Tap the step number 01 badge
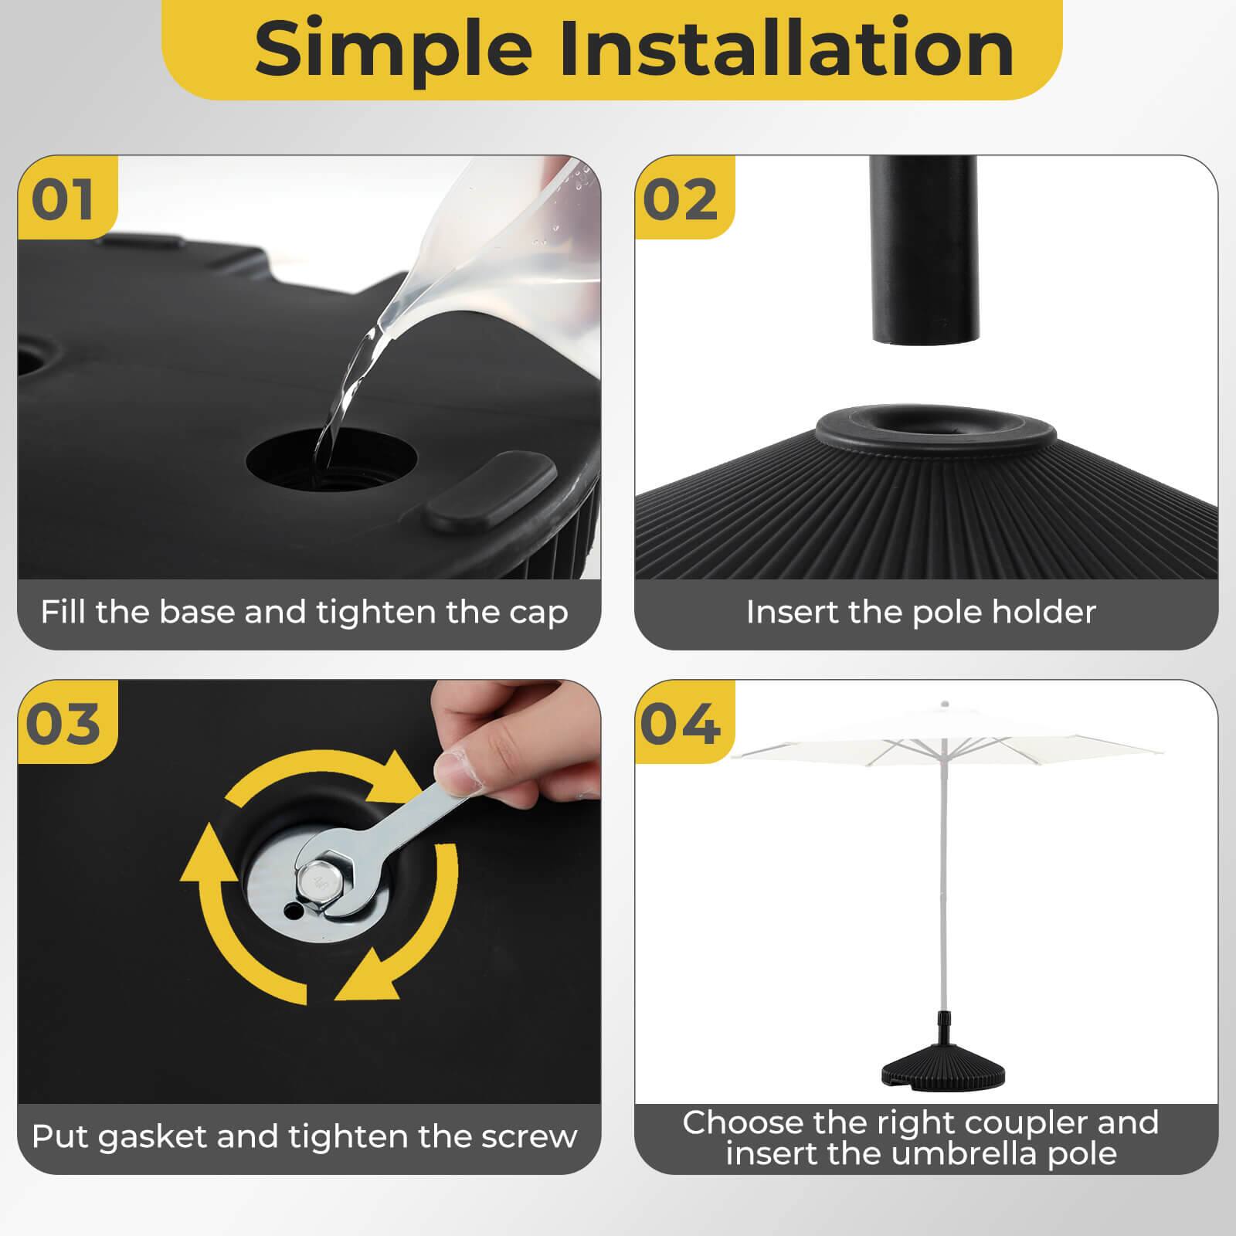(63, 199)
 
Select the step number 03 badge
(63, 724)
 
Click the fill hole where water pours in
(331, 461)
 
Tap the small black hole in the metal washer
(291, 912)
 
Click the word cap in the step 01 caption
(538, 613)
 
